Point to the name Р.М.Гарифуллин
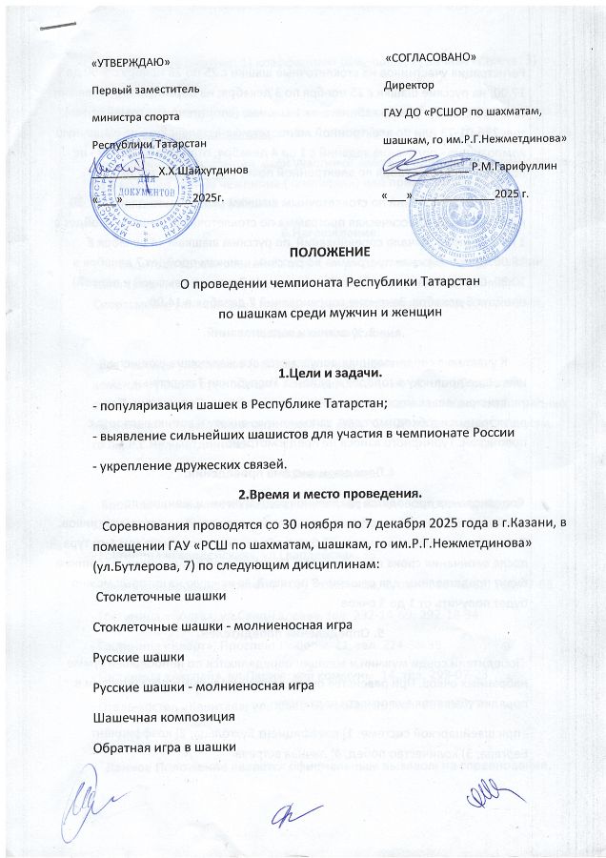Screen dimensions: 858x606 pyautogui.click(x=514, y=167)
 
